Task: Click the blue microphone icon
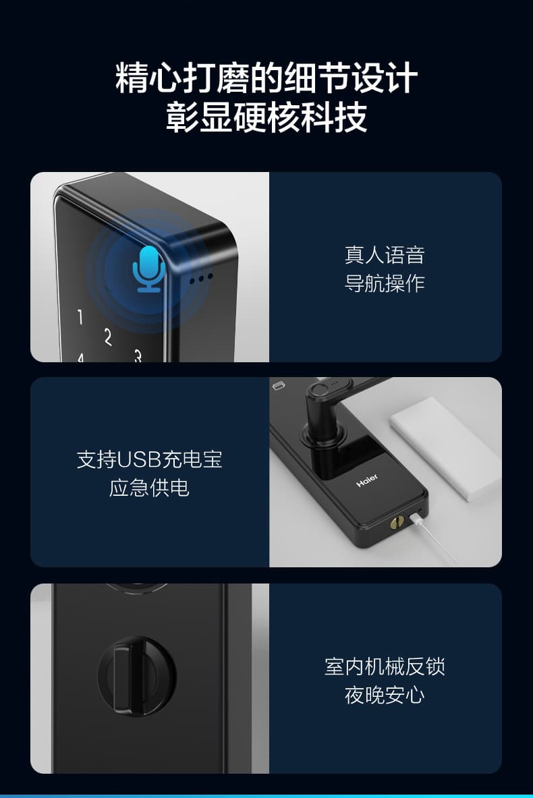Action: point(149,268)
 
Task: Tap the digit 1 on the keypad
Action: point(80,317)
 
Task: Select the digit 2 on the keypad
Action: point(108,336)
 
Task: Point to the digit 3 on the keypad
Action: point(138,355)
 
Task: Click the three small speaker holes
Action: point(200,277)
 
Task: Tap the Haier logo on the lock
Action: point(367,480)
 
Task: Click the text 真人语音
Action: point(385,255)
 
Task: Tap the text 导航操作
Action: point(385,283)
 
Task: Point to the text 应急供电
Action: point(149,488)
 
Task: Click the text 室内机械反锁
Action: point(385,666)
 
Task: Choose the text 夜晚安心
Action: point(385,695)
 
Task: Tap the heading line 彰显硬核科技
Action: point(266,117)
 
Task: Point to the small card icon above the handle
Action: point(277,387)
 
